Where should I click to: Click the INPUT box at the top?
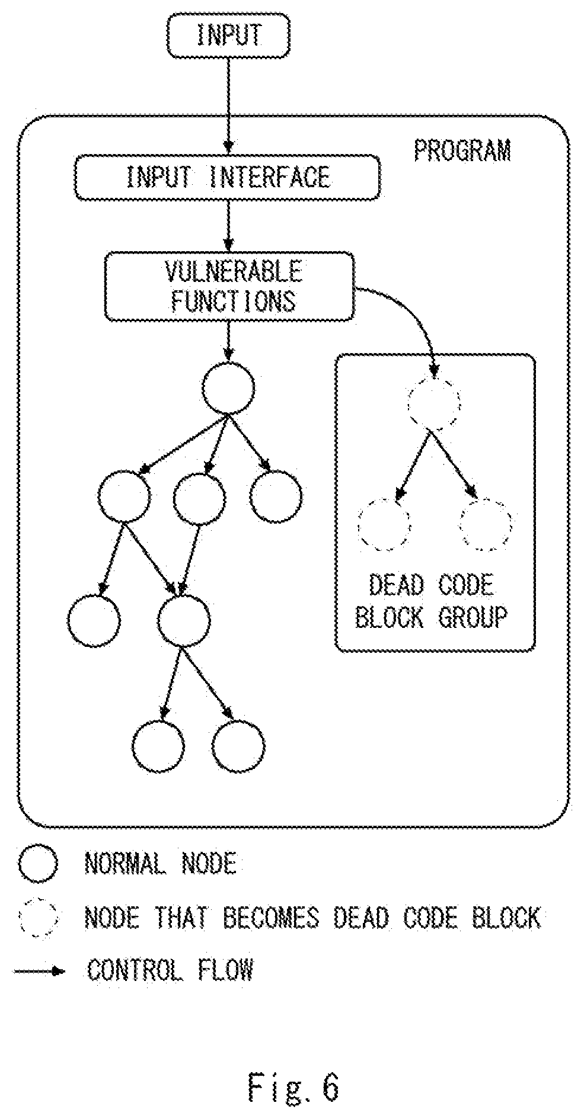coord(229,35)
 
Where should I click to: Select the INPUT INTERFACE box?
coord(227,177)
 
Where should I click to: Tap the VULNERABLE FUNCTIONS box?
coord(229,287)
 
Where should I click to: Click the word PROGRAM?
coord(462,151)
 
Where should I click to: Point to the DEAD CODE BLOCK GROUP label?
coord(431,601)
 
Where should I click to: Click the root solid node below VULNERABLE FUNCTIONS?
coord(228,388)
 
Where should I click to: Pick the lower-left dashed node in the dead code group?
coord(384,524)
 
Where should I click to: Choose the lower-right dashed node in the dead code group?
coord(486,524)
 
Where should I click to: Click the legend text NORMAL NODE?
coord(161,863)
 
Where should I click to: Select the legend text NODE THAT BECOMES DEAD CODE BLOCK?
coord(312,918)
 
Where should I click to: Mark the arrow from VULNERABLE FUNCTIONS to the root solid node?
coord(229,341)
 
